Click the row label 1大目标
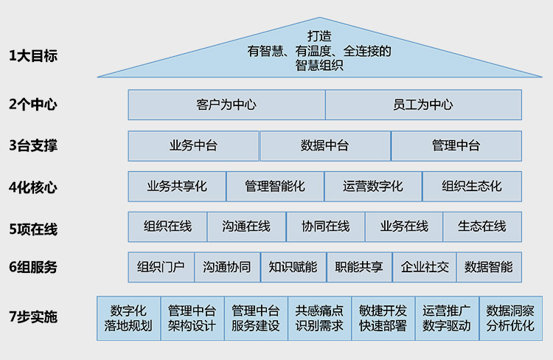point(32,56)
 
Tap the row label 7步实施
point(32,317)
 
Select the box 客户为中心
point(226,105)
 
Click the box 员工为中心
point(423,105)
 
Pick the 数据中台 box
point(324,146)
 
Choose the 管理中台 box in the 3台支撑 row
point(456,146)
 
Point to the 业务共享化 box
point(177,187)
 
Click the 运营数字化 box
point(373,187)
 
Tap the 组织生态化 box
point(472,187)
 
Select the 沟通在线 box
point(246,226)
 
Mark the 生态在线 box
point(482,226)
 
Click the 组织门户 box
point(161,267)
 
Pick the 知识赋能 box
point(293,267)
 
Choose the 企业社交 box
point(425,267)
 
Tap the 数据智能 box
point(489,267)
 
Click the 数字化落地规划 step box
point(128,318)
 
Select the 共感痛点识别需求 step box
point(319,318)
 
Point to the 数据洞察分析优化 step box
point(510,318)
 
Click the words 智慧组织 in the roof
point(320,65)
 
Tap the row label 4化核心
point(32,187)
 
